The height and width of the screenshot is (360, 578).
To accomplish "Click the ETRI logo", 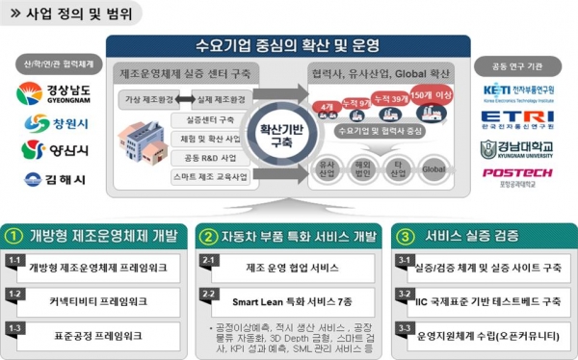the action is [x=517, y=120].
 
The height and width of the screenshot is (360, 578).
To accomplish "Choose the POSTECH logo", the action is [x=517, y=175].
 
